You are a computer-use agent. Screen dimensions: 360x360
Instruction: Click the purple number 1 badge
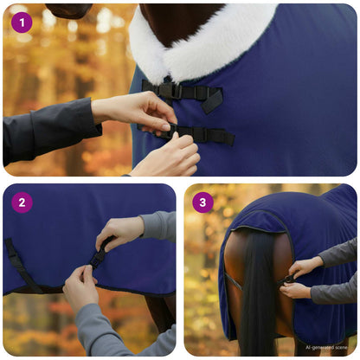(22, 22)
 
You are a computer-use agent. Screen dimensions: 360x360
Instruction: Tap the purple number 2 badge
(22, 202)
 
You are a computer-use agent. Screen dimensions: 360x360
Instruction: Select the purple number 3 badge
(202, 202)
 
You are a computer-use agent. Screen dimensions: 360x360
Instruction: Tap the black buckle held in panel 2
(98, 257)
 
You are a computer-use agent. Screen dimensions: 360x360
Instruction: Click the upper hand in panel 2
(119, 232)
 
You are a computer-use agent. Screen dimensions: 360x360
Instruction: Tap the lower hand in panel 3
(296, 290)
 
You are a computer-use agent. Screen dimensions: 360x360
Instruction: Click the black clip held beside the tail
(286, 279)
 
